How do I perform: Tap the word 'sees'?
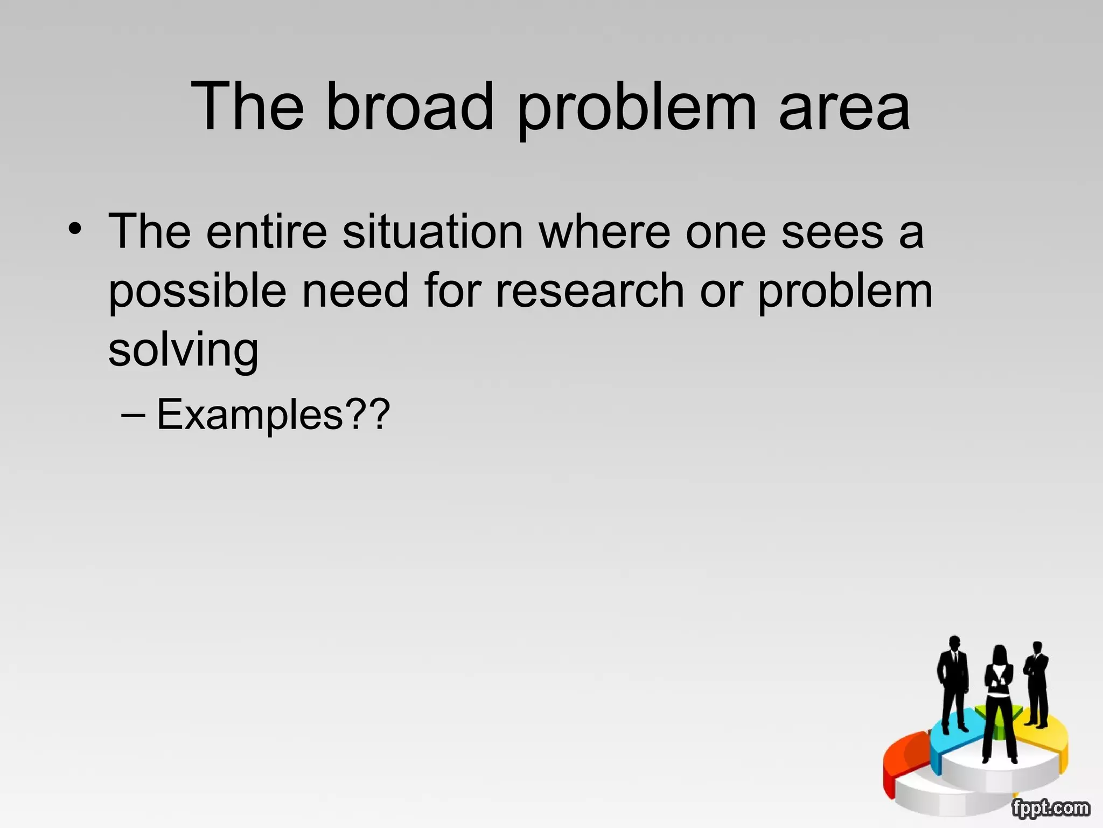tap(832, 233)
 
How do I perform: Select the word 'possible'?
tap(197, 292)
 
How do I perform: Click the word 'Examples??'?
tap(273, 415)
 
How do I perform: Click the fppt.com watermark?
tap(1050, 808)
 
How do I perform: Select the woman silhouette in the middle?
tap(999, 701)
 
